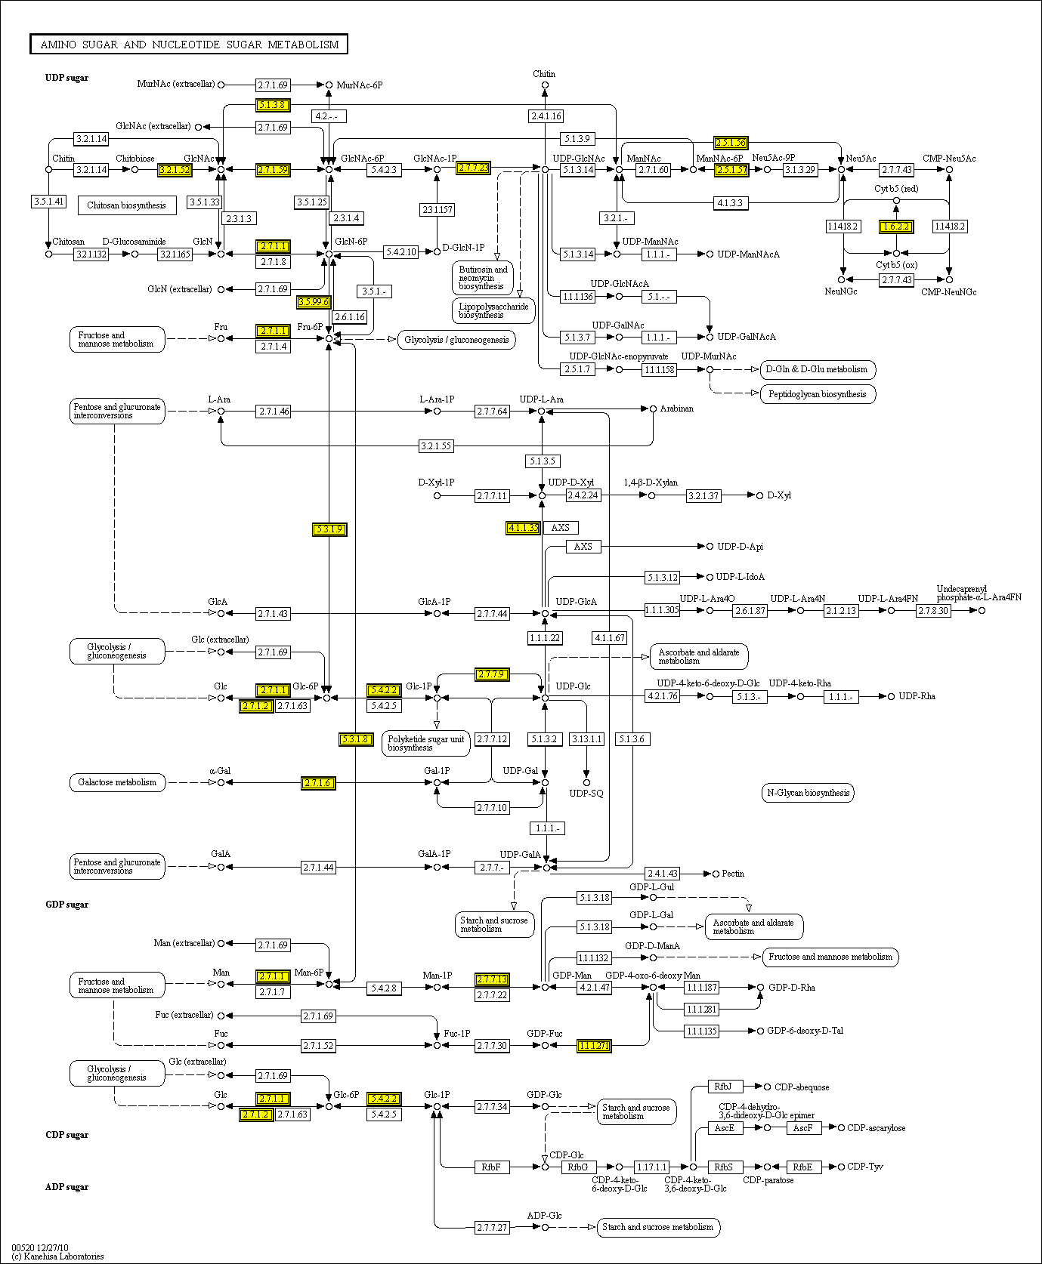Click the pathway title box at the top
coord(189,45)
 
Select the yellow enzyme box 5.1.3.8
coord(272,105)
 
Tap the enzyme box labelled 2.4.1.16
coord(546,116)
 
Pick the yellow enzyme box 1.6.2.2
coord(896,227)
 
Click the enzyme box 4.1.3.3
coord(730,203)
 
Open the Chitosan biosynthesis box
coord(126,205)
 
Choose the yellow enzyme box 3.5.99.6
coord(314,302)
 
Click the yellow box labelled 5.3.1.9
coord(329,529)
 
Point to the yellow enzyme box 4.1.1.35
coord(523,528)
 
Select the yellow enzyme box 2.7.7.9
coord(491,674)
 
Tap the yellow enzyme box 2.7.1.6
coord(317,783)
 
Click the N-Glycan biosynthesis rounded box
coord(808,793)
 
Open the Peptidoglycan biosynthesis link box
coord(817,394)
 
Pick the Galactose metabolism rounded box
coord(117,782)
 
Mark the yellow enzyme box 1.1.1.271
coord(594,1046)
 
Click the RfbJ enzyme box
coord(724,1087)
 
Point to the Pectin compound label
coord(733,874)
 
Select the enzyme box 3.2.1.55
coord(436,446)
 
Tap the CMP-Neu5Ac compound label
coord(948,159)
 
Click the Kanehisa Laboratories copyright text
coord(58,1256)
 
